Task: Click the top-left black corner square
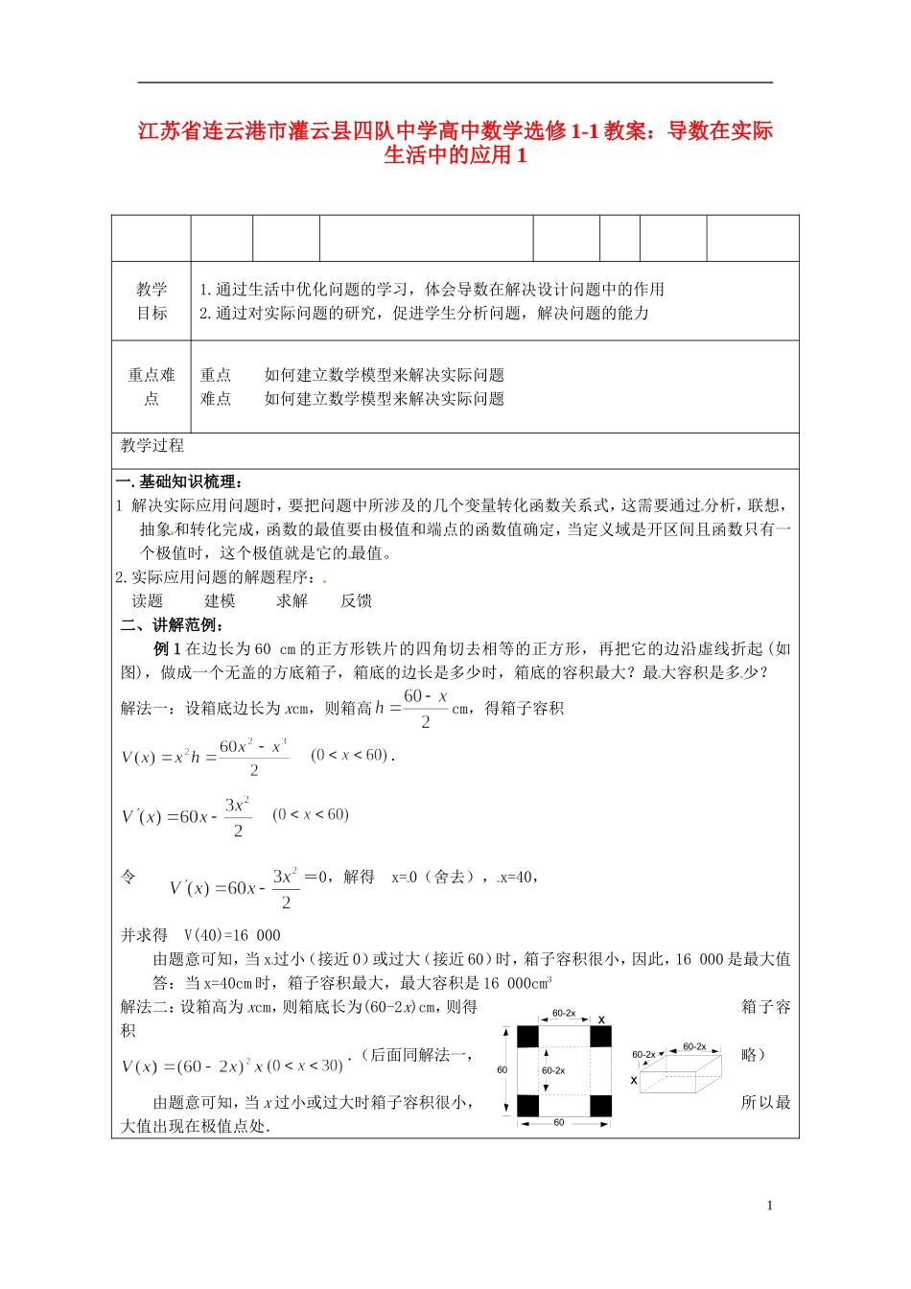528,1036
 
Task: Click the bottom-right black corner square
600,1106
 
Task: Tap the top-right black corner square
600,1036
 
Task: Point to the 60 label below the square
559,1123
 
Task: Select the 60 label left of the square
502,1069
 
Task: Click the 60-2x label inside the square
553,1070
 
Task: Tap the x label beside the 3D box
634,1081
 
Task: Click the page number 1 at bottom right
769,1206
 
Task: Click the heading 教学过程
152,446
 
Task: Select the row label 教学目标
152,301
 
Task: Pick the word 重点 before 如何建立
216,375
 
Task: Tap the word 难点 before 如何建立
216,399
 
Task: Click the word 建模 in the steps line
220,601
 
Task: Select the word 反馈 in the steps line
356,601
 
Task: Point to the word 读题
148,601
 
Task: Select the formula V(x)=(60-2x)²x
232,1066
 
